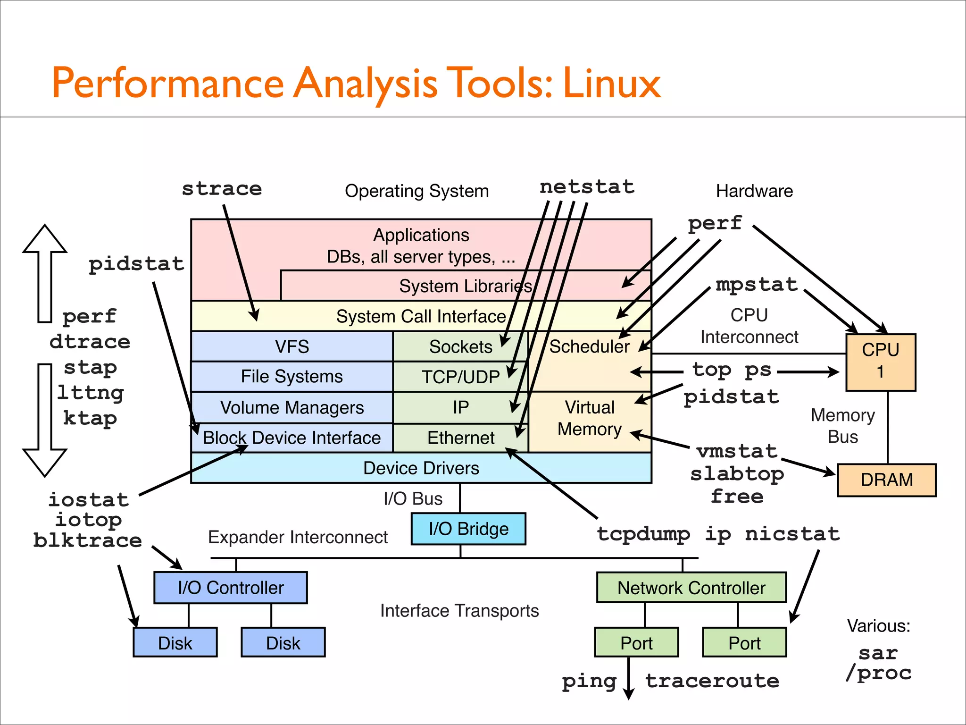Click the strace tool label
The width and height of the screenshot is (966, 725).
(222, 189)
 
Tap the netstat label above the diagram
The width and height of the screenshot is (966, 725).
(587, 187)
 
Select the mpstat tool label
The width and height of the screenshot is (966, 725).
(757, 285)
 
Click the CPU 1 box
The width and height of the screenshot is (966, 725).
(880, 362)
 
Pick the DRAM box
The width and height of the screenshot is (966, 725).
(886, 480)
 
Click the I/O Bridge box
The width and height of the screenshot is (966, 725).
(468, 529)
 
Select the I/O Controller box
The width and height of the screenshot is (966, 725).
(231, 588)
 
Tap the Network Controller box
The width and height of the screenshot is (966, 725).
(691, 588)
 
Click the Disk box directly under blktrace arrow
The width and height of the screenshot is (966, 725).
(175, 642)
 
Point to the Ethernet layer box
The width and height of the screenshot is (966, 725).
(460, 438)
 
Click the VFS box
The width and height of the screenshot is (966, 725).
(292, 346)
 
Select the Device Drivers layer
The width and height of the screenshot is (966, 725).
(421, 468)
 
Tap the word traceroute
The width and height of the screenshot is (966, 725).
(712, 681)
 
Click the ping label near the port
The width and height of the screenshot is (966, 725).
(589, 681)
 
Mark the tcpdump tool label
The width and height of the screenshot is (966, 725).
(643, 534)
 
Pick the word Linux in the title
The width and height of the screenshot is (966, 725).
(611, 84)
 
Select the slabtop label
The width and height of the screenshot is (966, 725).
(737, 474)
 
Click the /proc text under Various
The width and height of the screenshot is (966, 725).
(878, 673)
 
